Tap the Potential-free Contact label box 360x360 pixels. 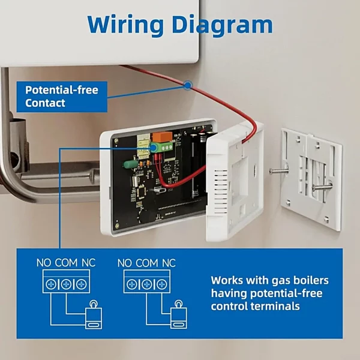pyautogui.click(x=62, y=97)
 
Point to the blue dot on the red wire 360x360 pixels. pyautogui.click(x=188, y=86)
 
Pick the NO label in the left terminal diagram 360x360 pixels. pyautogui.click(x=44, y=263)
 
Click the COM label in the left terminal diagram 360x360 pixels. pyautogui.click(x=66, y=263)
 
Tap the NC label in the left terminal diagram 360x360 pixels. pyautogui.click(x=88, y=263)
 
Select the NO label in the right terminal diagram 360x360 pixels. pyautogui.click(x=125, y=263)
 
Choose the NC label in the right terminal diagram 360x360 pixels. pyautogui.click(x=168, y=263)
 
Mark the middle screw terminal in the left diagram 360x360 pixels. pyautogui.click(x=66, y=284)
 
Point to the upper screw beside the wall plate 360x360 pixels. pyautogui.click(x=278, y=171)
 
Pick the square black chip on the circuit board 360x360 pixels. pyautogui.click(x=138, y=191)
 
